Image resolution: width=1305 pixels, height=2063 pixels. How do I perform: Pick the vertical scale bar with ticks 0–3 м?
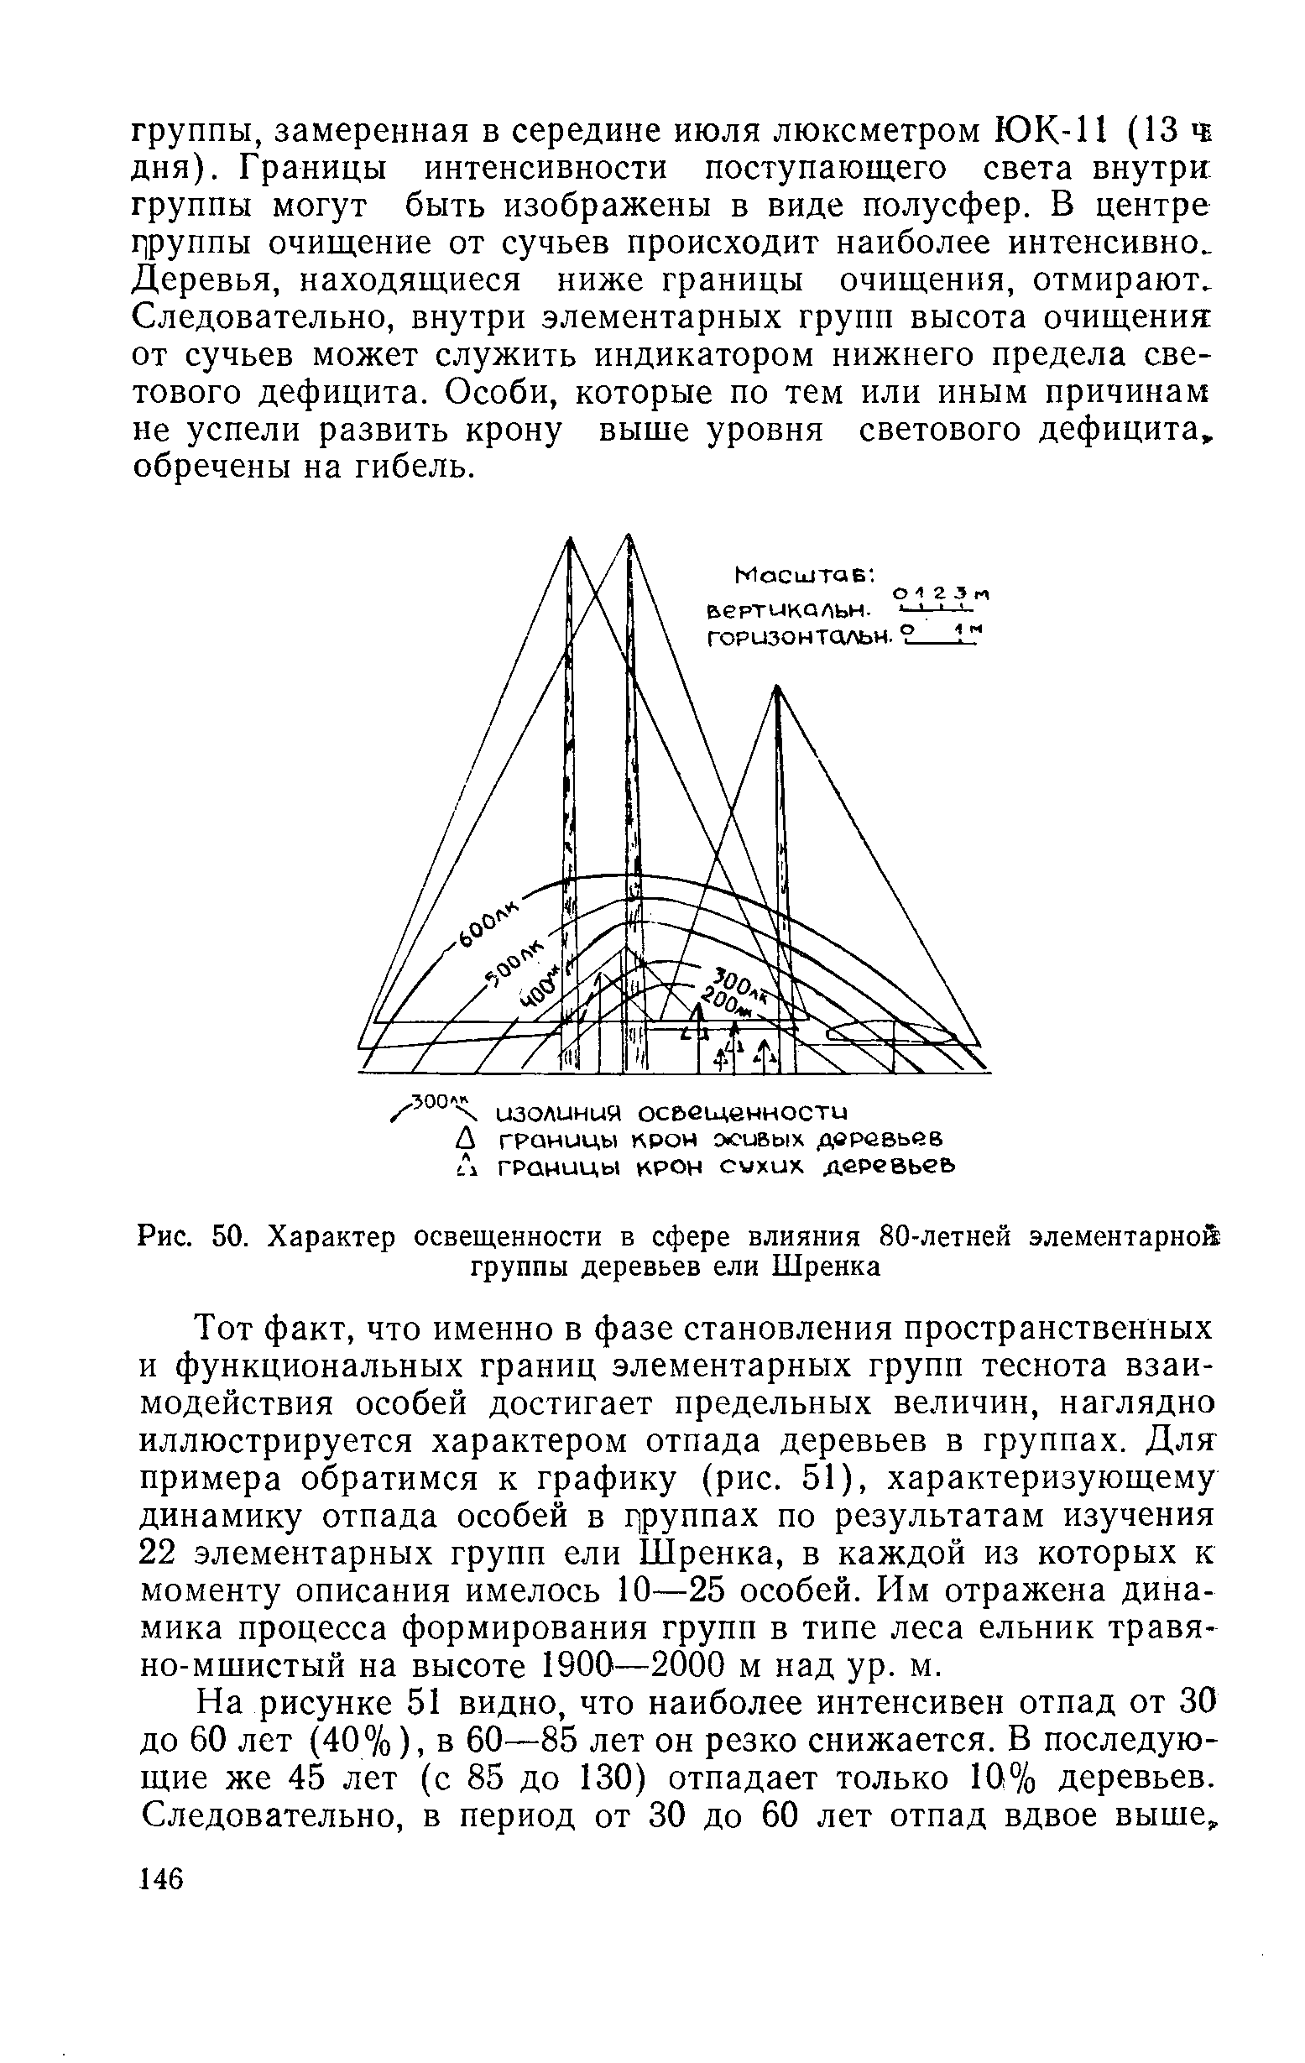point(932,610)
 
